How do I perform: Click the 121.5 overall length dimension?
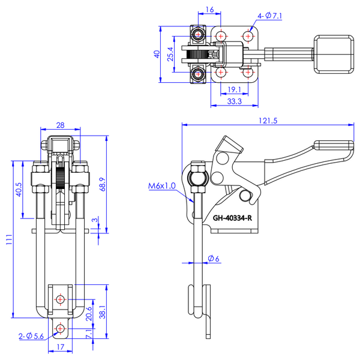[268, 119]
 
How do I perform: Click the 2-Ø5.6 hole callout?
[30, 337]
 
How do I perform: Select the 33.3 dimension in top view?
[235, 101]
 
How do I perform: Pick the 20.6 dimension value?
[89, 313]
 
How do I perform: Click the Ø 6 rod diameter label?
[214, 259]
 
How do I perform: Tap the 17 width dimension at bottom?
[60, 346]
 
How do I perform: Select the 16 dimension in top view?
[209, 10]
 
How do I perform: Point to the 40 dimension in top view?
[157, 54]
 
